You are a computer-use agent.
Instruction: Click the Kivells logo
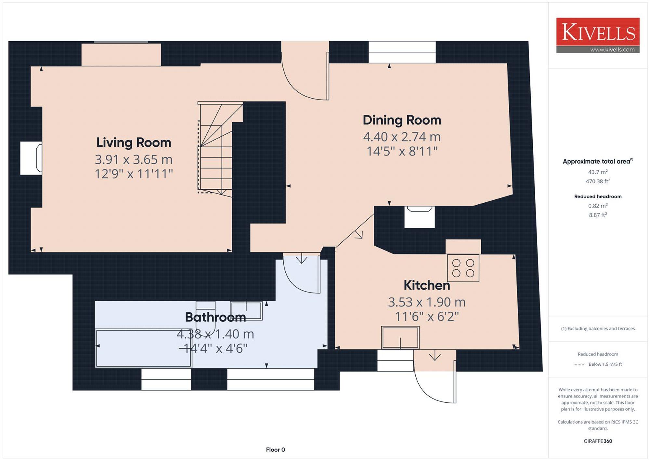(598, 35)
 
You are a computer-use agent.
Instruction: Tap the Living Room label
(134, 142)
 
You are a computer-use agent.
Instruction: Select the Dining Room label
(402, 120)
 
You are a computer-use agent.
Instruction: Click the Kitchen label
(427, 285)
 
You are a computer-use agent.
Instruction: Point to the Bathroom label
(215, 317)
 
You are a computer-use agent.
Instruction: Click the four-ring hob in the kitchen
(463, 268)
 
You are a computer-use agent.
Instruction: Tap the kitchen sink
(400, 338)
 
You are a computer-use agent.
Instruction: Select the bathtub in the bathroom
(143, 348)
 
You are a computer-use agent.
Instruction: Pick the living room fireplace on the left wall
(31, 158)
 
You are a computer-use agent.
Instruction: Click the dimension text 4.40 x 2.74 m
(402, 137)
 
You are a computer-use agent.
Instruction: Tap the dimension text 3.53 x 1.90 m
(427, 302)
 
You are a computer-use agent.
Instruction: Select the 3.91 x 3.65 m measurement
(134, 159)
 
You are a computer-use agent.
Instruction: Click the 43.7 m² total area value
(598, 172)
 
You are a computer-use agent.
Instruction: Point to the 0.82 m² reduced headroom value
(598, 206)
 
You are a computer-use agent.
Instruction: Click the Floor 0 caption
(275, 450)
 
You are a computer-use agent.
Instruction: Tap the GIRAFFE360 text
(598, 441)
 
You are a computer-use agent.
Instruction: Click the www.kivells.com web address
(612, 50)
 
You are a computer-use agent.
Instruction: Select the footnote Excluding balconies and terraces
(598, 329)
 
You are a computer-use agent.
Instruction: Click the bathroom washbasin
(246, 311)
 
